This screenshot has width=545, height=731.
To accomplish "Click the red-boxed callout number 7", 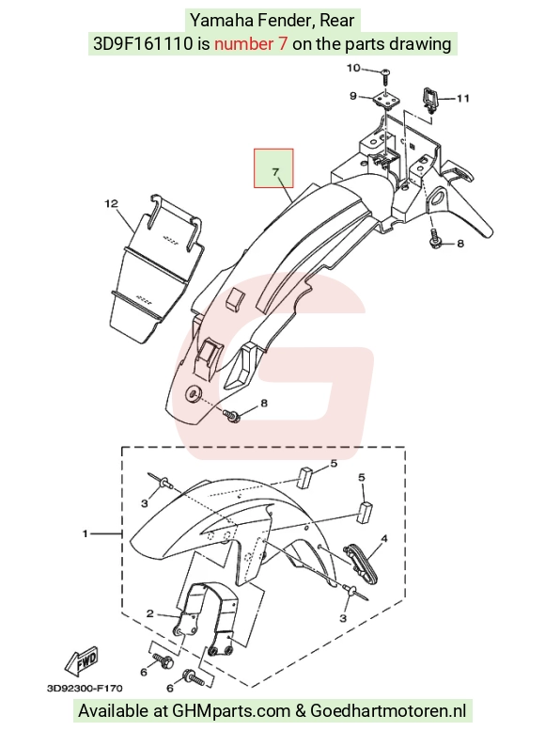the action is click(275, 172).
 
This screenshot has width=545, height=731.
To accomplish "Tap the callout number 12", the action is click(111, 204).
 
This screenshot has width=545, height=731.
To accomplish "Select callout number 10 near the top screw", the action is click(353, 68).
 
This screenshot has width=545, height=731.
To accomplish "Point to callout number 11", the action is click(462, 99).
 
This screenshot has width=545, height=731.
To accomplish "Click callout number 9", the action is click(353, 96).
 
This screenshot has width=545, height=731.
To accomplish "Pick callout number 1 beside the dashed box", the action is click(86, 532).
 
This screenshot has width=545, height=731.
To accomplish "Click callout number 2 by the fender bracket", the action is click(150, 613).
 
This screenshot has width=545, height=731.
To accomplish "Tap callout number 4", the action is click(383, 539).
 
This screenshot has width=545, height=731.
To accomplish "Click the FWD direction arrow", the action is click(83, 660).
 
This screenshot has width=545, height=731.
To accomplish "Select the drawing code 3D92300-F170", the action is click(85, 688).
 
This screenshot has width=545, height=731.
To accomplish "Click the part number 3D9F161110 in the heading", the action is click(143, 44).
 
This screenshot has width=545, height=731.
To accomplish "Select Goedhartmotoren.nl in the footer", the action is click(388, 711).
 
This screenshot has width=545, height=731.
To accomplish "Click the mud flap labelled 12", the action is click(157, 268).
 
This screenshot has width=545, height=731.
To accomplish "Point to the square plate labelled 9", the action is click(384, 100).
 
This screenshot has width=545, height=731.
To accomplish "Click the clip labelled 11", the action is click(430, 100).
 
